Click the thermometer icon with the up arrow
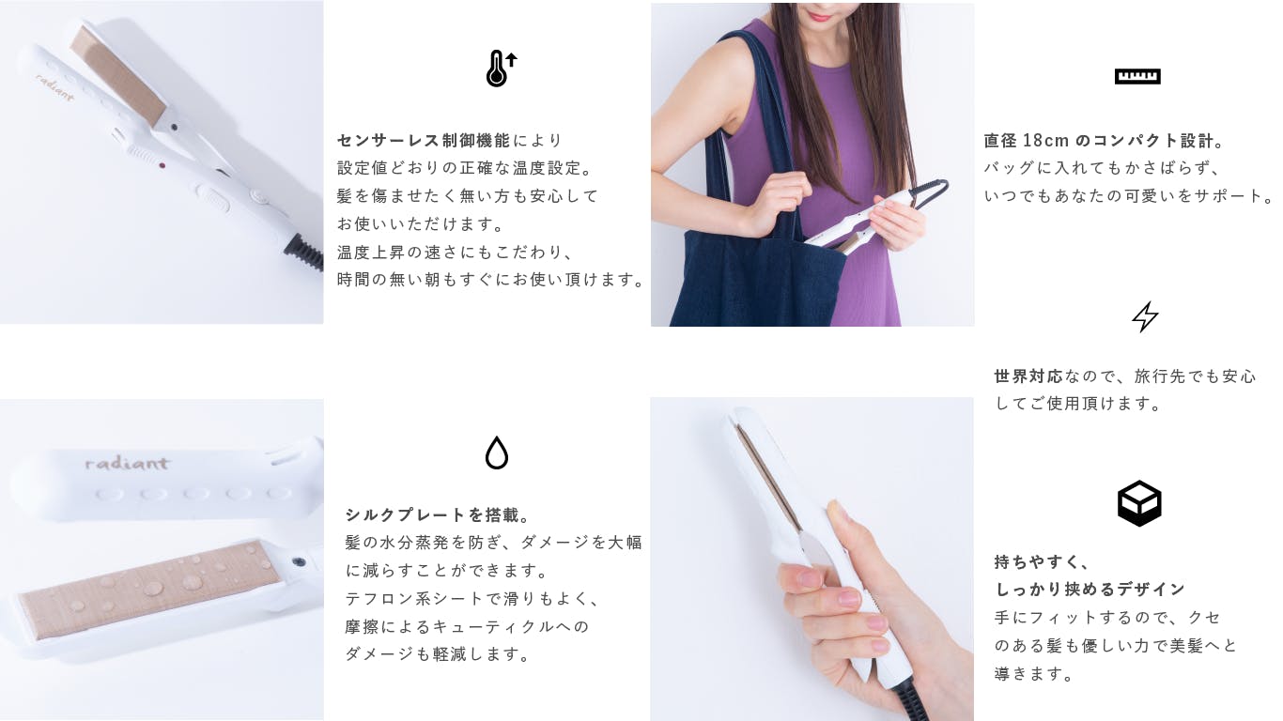(501, 69)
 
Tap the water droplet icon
(497, 453)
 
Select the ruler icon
(1137, 76)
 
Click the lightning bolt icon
(1145, 316)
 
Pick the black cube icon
(1139, 503)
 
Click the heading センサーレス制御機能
(424, 140)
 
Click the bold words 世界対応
(1028, 376)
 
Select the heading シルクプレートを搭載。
(439, 514)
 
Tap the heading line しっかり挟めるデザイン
(1090, 589)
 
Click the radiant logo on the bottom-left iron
(127, 463)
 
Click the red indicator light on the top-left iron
(162, 166)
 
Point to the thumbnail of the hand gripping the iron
(812, 559)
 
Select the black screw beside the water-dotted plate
(298, 561)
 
